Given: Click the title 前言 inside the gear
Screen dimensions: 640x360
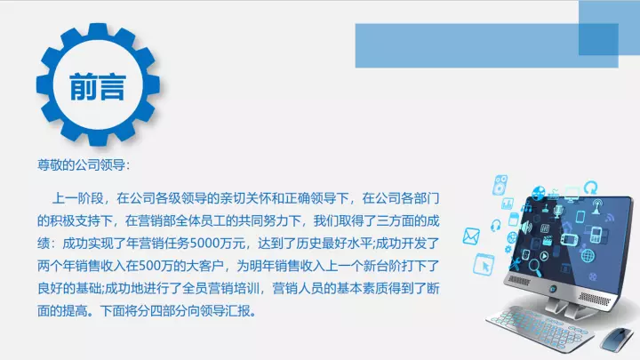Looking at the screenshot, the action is pyautogui.click(x=98, y=87).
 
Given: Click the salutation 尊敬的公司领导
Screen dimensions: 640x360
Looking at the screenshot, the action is pyautogui.click(x=81, y=165).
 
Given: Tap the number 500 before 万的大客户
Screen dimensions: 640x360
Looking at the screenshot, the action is pyautogui.click(x=150, y=266).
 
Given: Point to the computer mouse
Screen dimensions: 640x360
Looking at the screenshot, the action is pyautogui.click(x=618, y=339).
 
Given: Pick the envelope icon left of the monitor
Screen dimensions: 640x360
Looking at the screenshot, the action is pyautogui.click(x=471, y=236).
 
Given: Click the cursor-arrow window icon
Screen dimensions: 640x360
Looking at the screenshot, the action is pyautogui.click(x=484, y=264).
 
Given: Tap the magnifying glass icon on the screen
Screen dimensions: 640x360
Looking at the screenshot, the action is pyautogui.click(x=535, y=268).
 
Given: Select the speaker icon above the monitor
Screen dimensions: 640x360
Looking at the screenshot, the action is pyautogui.click(x=500, y=185).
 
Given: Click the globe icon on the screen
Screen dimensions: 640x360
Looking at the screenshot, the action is pyautogui.click(x=588, y=255).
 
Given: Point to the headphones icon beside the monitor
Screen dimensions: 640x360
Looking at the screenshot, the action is pyautogui.click(x=495, y=225).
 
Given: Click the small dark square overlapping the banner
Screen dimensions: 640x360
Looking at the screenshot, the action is pyautogui.click(x=598, y=39).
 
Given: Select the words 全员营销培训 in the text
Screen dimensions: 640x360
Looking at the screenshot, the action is pyautogui.click(x=220, y=288).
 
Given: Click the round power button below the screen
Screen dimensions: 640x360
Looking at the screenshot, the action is pyautogui.click(x=553, y=289).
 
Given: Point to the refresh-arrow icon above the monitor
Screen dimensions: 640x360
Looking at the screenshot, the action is pyautogui.click(x=590, y=188).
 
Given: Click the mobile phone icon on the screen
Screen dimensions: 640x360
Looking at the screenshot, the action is pyautogui.click(x=596, y=235).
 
